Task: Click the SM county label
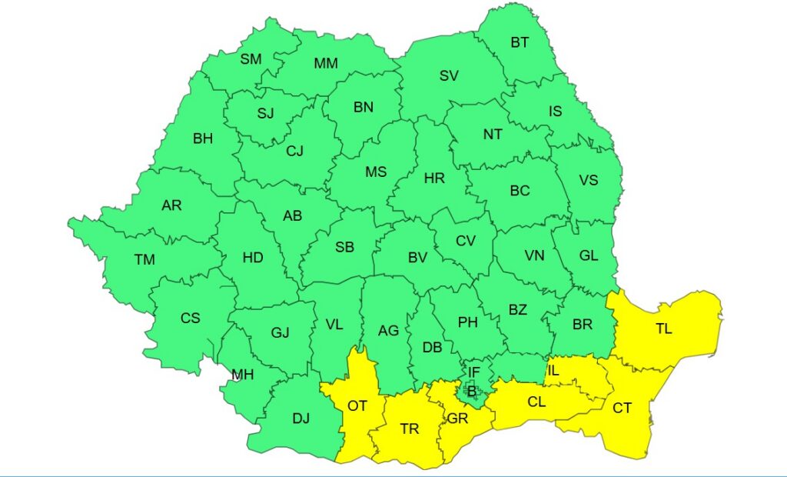(x=251, y=59)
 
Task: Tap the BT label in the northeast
(x=520, y=42)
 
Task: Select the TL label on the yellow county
(x=663, y=329)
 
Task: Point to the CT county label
(x=622, y=409)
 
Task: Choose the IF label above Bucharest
(x=474, y=373)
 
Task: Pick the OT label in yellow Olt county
(x=357, y=405)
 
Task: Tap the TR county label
(x=410, y=429)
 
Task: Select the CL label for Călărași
(x=537, y=401)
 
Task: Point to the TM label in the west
(x=144, y=260)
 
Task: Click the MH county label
(x=243, y=375)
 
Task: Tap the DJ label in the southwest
(x=301, y=419)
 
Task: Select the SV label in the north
(x=449, y=75)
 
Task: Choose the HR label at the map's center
(x=434, y=178)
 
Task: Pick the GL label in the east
(x=589, y=256)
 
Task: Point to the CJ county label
(x=294, y=151)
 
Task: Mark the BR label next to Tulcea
(x=583, y=325)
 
